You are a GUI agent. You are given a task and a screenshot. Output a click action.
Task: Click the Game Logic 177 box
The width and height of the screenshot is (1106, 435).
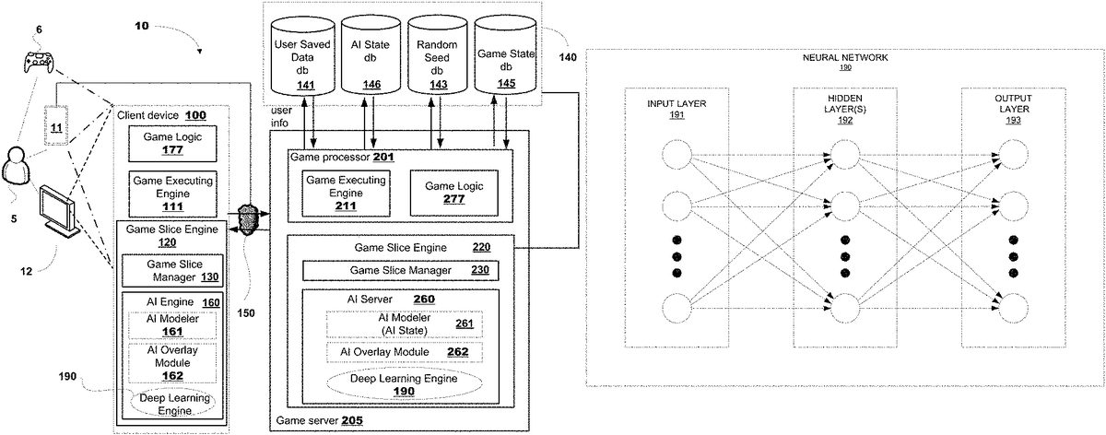pos(165,144)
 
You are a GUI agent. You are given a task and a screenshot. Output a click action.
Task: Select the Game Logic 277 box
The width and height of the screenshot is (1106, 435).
pos(453,193)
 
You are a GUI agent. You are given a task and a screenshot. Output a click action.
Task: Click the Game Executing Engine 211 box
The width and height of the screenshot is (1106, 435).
pos(341,193)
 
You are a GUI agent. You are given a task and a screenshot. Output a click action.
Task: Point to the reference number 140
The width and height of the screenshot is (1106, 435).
pos(570,57)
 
